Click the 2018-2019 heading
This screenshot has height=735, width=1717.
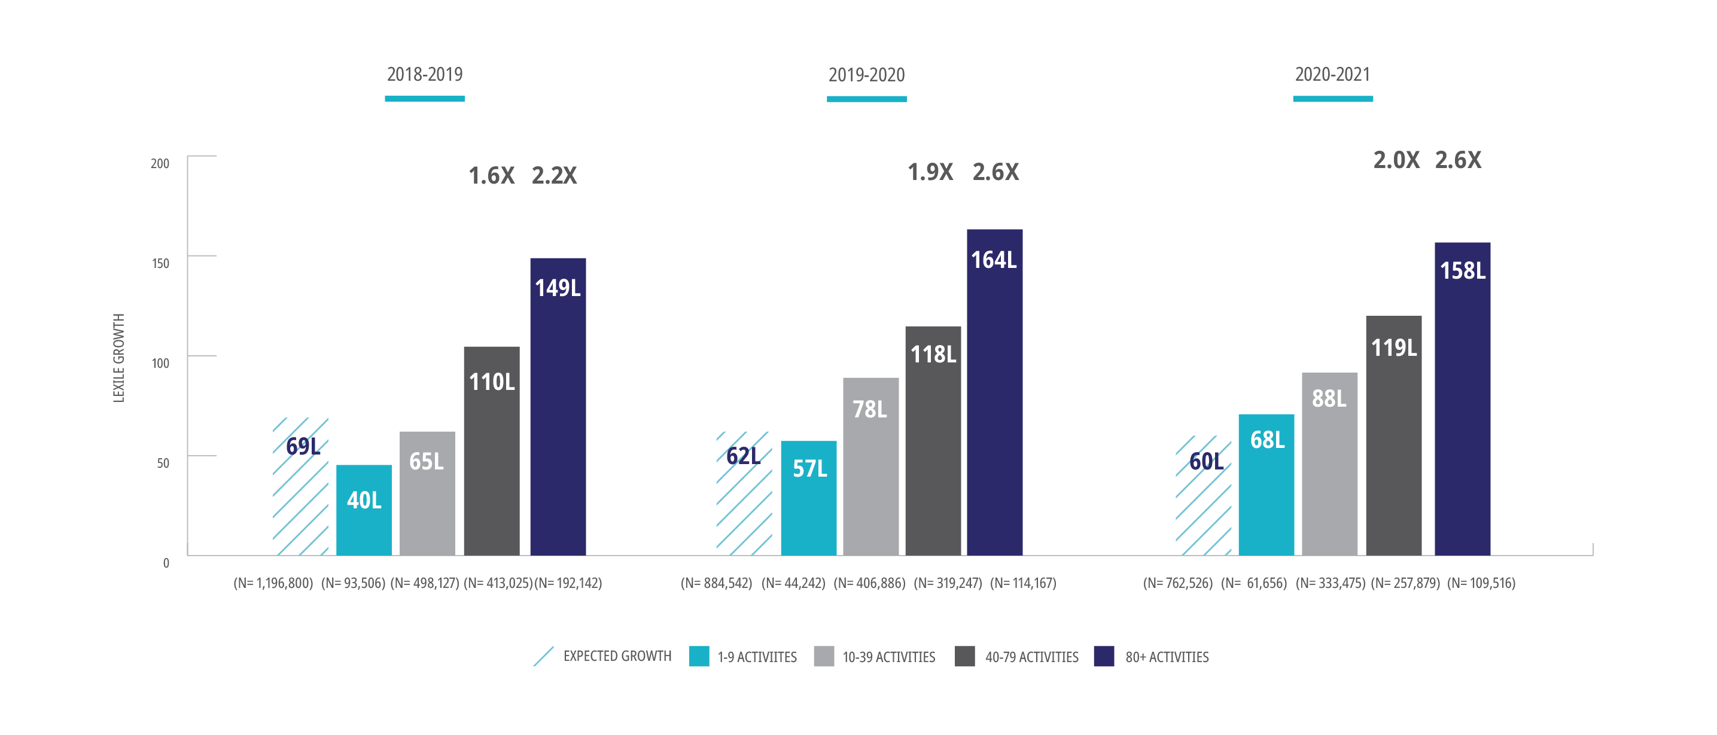(x=425, y=74)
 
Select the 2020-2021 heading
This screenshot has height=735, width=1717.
(x=1332, y=74)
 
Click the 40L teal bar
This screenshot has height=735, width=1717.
(x=364, y=510)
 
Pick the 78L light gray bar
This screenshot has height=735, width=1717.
(x=870, y=466)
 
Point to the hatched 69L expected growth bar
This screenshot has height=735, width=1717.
(x=300, y=486)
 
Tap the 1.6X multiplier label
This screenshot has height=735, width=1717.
(x=491, y=176)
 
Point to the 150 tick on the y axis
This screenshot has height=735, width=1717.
(x=161, y=263)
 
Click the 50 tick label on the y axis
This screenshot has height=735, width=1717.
(x=163, y=463)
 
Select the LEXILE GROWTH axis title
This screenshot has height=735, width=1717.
(x=118, y=358)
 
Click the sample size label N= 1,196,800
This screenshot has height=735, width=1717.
(x=273, y=583)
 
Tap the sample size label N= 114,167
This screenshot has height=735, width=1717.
(x=1022, y=583)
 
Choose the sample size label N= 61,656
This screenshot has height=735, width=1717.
(x=1253, y=583)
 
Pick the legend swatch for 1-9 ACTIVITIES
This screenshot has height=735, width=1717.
(x=699, y=657)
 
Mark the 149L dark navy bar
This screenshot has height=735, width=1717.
(x=558, y=406)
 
